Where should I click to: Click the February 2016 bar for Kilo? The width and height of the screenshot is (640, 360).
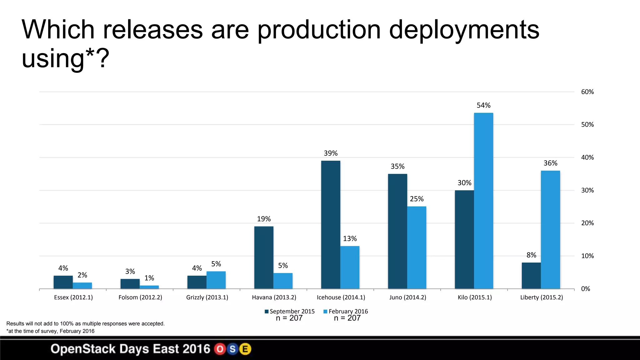[483, 201]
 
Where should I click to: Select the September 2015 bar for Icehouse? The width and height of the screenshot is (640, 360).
[331, 225]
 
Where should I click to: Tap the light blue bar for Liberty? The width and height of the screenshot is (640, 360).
[550, 230]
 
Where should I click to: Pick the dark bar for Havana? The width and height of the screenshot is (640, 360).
[264, 257]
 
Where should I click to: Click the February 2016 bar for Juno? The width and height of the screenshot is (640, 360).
[417, 247]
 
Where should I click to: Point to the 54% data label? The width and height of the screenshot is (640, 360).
[483, 105]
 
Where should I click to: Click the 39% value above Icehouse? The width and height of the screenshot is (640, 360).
[331, 153]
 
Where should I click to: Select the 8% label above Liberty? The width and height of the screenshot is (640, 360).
[531, 255]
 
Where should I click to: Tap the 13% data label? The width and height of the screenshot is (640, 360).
[350, 239]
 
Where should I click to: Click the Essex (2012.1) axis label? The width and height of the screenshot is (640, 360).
[73, 297]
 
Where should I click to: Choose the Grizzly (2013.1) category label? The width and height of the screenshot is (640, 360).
[207, 297]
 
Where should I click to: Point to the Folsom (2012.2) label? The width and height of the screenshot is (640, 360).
[140, 297]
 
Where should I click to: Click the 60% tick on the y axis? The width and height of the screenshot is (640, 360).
[587, 92]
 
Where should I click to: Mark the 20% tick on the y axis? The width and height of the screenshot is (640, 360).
[587, 223]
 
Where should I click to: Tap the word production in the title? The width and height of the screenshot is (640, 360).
[319, 30]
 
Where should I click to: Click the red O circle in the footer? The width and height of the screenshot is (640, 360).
[220, 349]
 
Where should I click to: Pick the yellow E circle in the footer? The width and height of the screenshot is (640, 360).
[245, 349]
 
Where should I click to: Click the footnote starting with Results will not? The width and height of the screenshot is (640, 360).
[85, 324]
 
